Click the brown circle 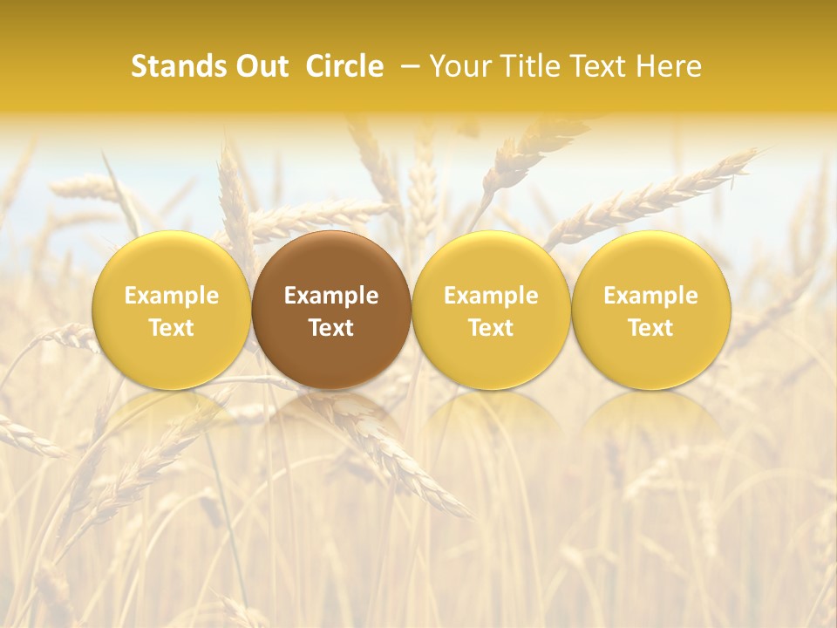click(331, 310)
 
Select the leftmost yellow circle click(171, 310)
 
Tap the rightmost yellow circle click(650, 310)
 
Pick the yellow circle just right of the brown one click(491, 310)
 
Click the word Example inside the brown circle click(331, 296)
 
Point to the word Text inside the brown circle click(331, 328)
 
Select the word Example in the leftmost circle click(171, 296)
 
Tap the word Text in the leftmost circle click(171, 328)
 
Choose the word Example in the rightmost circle click(650, 296)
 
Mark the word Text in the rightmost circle click(650, 328)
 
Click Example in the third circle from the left click(491, 296)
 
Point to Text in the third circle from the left click(491, 328)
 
